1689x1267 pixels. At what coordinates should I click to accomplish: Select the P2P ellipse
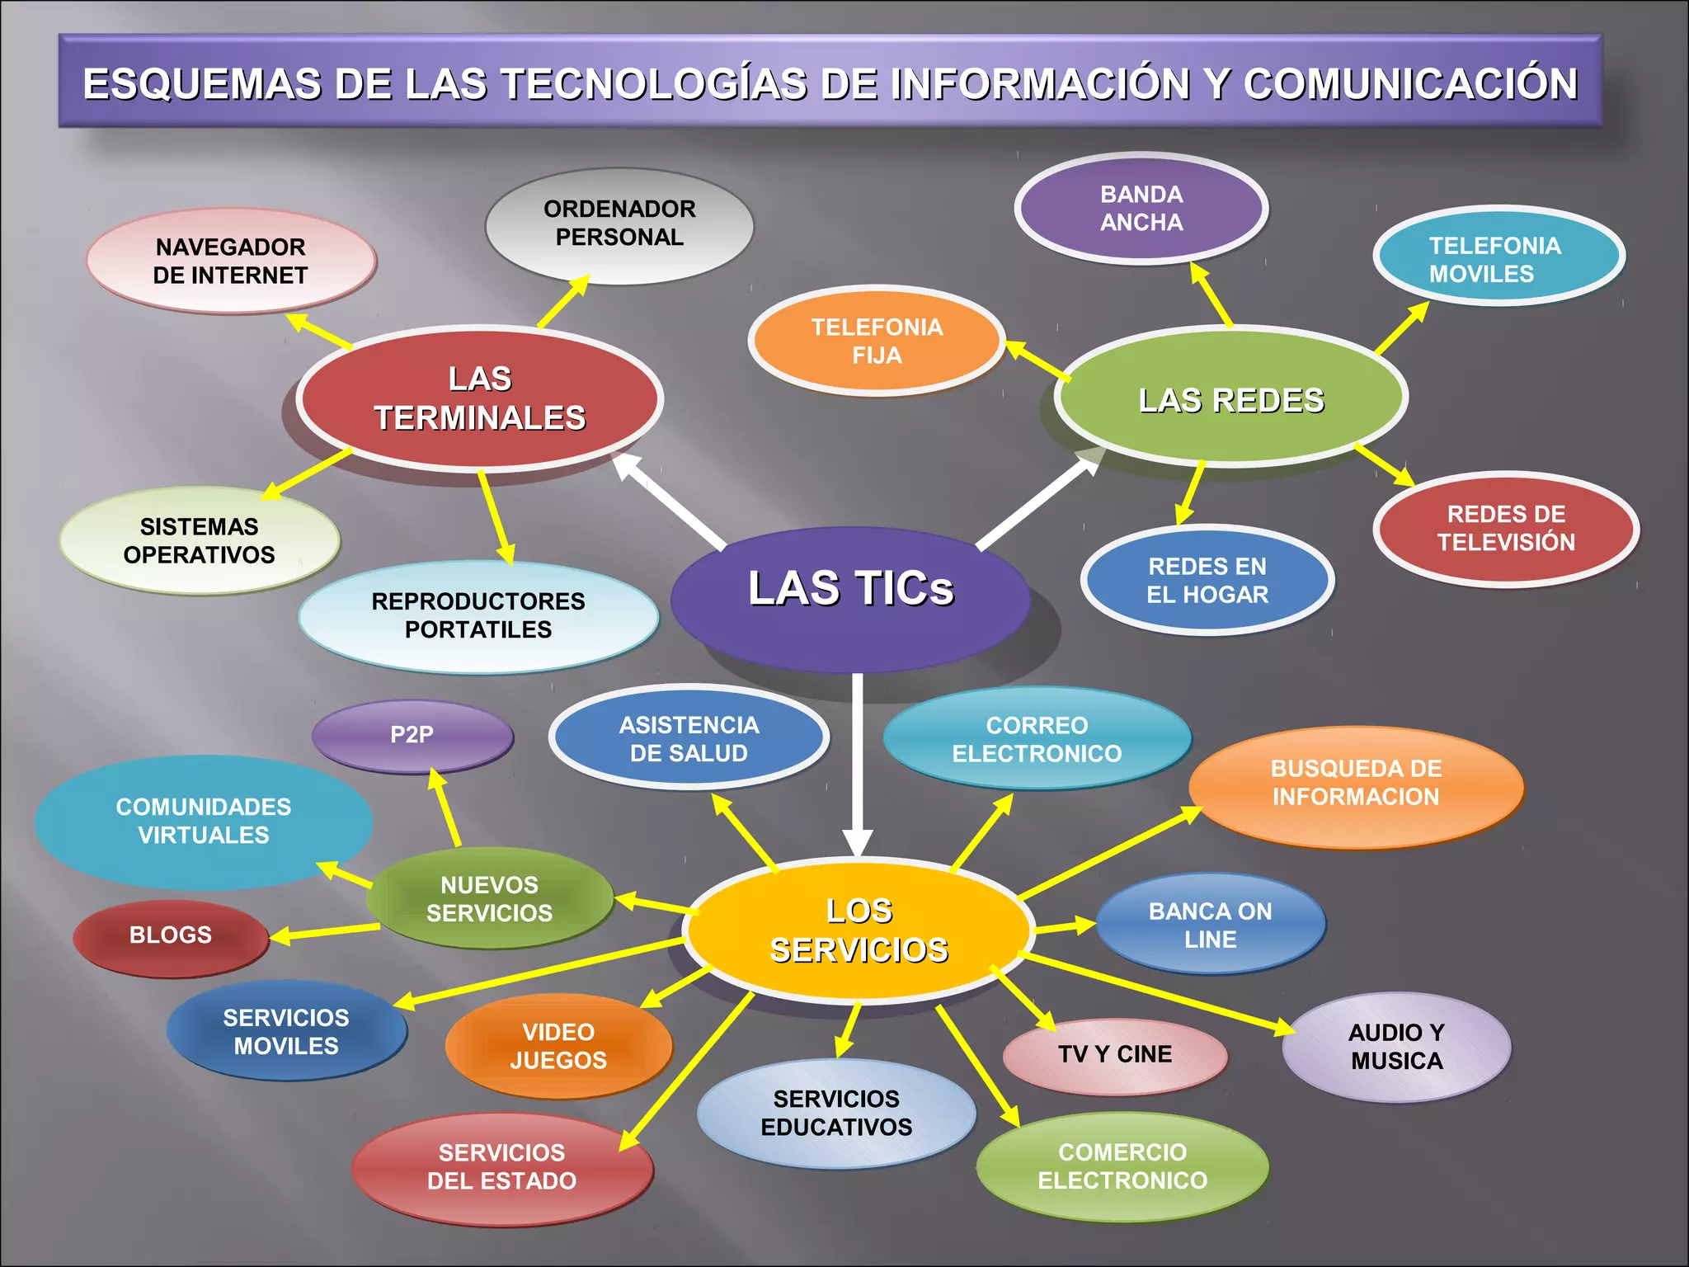(412, 736)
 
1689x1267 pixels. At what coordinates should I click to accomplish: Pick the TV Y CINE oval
(1115, 1056)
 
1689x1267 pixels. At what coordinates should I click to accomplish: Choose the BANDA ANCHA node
(1141, 209)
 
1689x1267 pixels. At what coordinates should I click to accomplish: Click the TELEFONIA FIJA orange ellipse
(877, 341)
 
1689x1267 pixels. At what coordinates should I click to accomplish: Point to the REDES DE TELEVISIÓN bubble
(1506, 529)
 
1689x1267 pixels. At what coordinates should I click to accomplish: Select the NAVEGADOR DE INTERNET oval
(231, 261)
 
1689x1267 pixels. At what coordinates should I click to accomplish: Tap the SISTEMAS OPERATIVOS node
(200, 541)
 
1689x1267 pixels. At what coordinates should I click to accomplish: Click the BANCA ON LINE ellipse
(1211, 925)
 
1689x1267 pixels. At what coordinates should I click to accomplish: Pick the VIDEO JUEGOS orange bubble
(558, 1046)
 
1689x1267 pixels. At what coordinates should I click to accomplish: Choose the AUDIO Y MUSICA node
(1396, 1047)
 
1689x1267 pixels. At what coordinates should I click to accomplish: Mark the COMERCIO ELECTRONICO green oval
(1122, 1166)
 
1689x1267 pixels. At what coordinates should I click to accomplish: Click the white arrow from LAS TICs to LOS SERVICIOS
(858, 765)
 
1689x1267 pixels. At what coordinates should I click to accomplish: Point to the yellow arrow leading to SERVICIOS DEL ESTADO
(686, 1072)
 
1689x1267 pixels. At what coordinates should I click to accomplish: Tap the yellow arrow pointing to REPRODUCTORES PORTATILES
(496, 517)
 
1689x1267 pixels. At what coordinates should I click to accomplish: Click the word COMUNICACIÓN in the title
(1410, 84)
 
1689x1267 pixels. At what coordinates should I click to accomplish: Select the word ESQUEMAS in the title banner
(202, 84)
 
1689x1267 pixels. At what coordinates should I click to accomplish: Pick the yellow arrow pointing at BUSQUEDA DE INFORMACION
(1110, 852)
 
